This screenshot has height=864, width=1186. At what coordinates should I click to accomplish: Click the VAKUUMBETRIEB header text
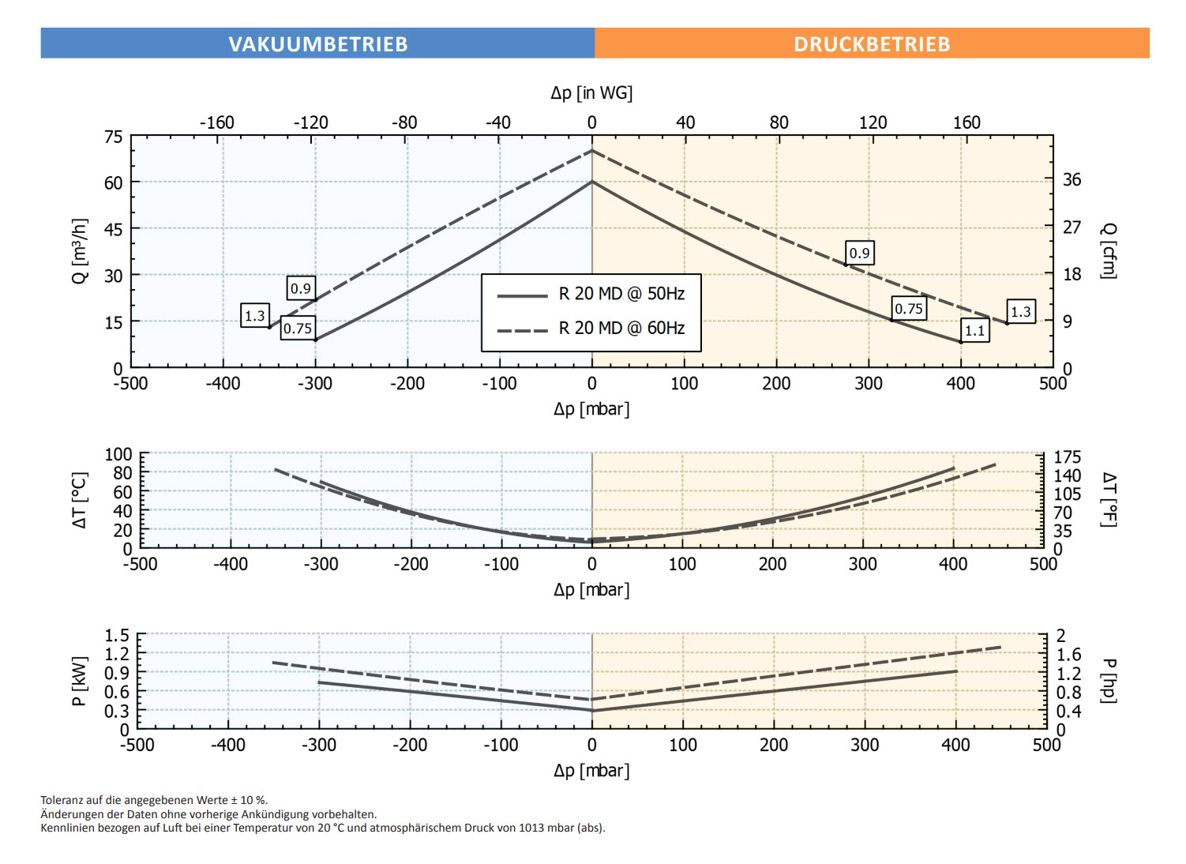click(318, 44)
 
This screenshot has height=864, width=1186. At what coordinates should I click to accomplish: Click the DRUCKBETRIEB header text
click(872, 44)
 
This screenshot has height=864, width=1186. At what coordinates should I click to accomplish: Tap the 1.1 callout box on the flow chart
click(975, 330)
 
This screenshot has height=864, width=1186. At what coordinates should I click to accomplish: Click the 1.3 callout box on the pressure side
click(1021, 312)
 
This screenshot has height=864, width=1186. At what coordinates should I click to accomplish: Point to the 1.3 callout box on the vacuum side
click(255, 316)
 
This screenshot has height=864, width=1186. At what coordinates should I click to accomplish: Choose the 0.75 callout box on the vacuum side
click(298, 329)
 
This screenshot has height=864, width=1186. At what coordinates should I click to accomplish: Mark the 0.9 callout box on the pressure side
click(859, 253)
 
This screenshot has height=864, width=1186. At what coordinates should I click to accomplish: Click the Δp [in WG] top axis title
click(591, 93)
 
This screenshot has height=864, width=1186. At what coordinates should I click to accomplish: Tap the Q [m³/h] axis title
click(80, 251)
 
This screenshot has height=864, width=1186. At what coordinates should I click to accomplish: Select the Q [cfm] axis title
click(1109, 251)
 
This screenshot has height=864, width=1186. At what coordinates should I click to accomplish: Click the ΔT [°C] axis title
click(80, 501)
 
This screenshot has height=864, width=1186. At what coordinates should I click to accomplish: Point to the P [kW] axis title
click(80, 681)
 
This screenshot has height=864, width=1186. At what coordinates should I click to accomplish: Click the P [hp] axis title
click(1109, 681)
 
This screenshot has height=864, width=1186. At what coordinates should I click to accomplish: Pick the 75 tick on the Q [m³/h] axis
click(114, 137)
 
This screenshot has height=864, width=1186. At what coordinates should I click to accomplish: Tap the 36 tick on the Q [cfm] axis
click(1072, 180)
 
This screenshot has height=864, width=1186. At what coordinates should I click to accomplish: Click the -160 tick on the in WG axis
click(217, 122)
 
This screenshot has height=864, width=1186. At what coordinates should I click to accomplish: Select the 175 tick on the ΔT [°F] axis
click(1068, 457)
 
